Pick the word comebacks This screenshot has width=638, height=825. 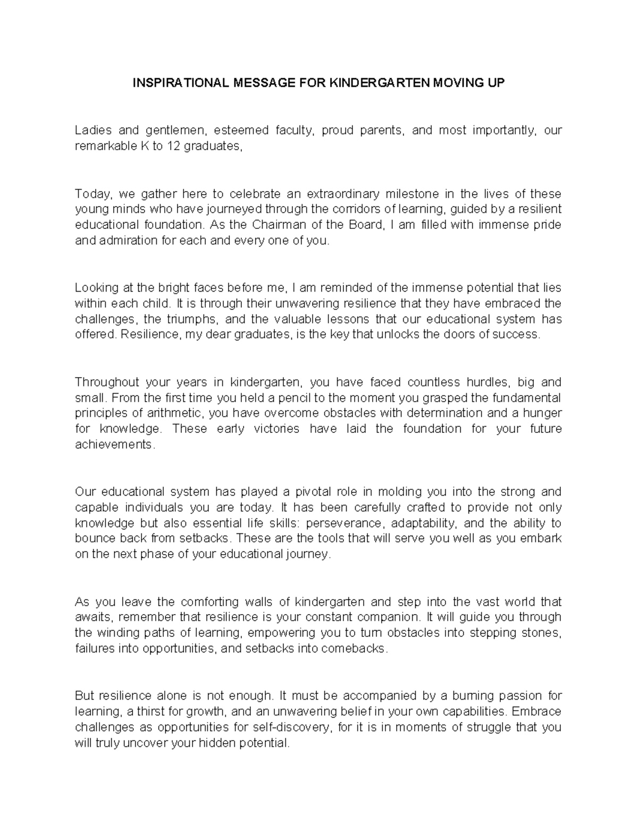tap(352, 649)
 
